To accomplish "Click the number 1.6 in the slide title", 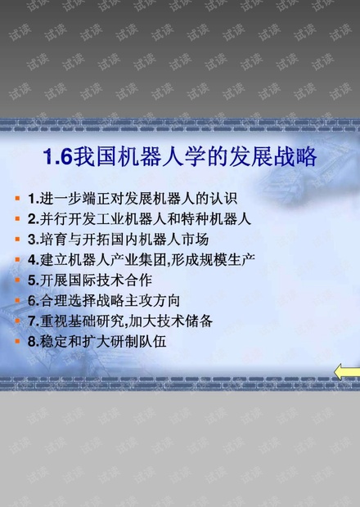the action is tap(58, 157).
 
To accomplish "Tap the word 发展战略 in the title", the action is tap(272, 157).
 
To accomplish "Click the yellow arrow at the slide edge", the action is tap(347, 371).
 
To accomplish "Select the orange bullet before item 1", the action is tap(18, 198).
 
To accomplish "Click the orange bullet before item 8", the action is tap(18, 341).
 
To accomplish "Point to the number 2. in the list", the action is tap(34, 219).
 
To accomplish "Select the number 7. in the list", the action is tap(34, 321).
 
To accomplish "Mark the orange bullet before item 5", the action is tap(18, 280).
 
